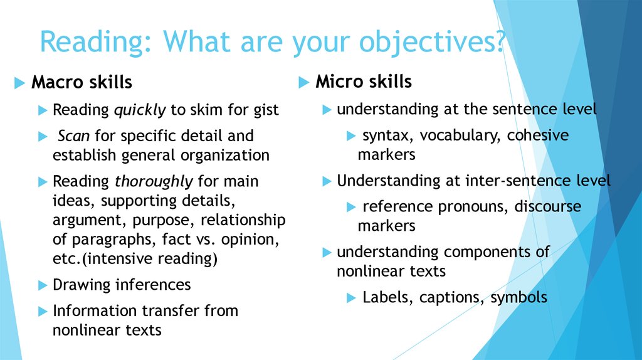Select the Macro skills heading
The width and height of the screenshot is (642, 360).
click(x=82, y=82)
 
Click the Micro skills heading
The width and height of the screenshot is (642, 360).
click(x=364, y=82)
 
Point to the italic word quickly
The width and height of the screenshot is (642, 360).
click(x=139, y=110)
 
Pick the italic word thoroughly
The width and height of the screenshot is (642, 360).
click(x=154, y=182)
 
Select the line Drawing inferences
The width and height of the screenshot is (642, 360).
click(x=122, y=285)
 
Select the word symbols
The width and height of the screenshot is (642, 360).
click(x=518, y=297)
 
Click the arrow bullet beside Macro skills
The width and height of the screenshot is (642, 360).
click(x=19, y=83)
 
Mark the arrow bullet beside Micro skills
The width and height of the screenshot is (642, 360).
click(x=304, y=82)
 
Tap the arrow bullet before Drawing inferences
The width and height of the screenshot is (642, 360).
click(x=42, y=285)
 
